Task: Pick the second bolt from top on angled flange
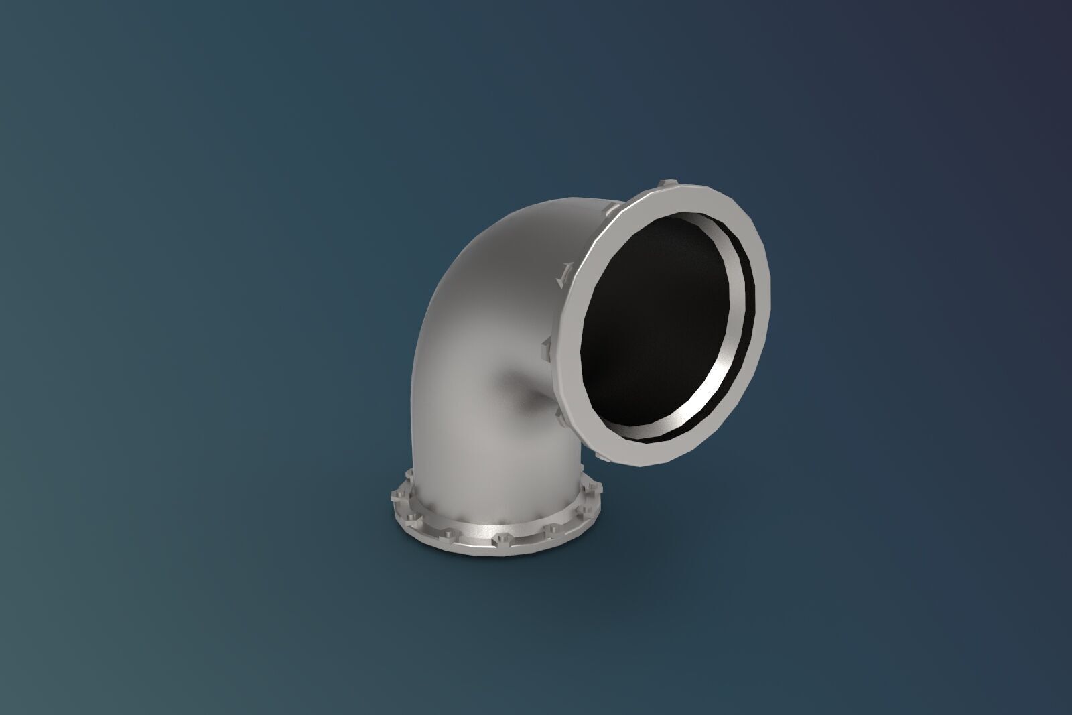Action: tap(612, 210)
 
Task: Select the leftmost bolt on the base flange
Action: tap(395, 497)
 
